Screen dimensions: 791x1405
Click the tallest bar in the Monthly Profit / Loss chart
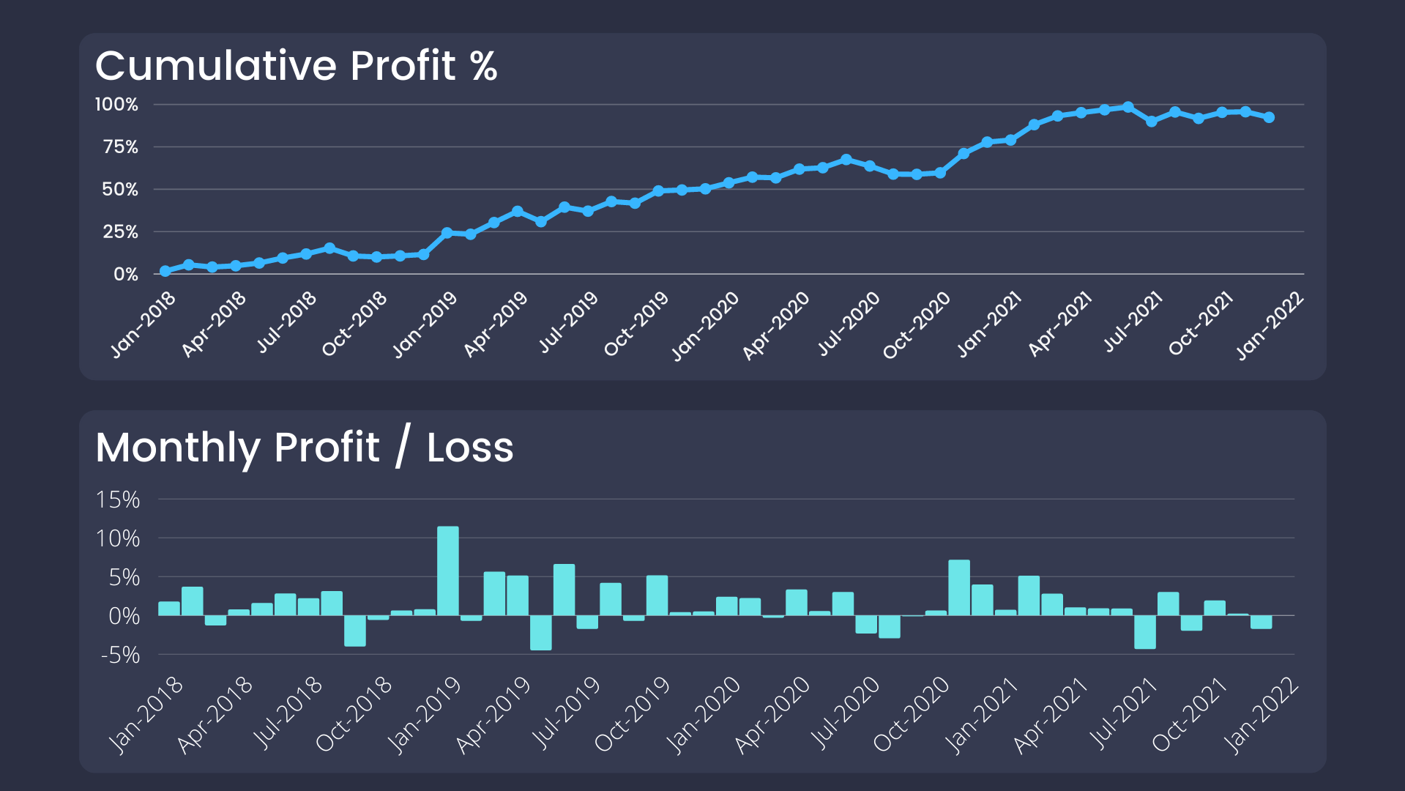click(x=447, y=571)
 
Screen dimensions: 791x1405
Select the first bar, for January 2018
click(x=169, y=608)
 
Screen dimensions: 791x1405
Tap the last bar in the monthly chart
click(x=1261, y=622)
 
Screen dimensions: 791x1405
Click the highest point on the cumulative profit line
click(x=1128, y=107)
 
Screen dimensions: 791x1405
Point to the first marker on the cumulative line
click(x=165, y=271)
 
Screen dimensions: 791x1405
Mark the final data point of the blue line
click(x=1269, y=117)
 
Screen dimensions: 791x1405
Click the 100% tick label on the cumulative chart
click(x=116, y=105)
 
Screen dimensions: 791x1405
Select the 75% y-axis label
click(x=120, y=147)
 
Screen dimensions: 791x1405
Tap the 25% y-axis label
click(x=120, y=232)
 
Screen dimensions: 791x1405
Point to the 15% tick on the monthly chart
click(x=118, y=500)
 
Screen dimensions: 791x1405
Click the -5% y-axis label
click(x=120, y=655)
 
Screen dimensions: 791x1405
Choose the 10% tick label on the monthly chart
click(x=118, y=539)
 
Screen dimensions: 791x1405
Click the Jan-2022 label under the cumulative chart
click(x=1270, y=325)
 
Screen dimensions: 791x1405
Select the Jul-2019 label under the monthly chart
click(x=565, y=713)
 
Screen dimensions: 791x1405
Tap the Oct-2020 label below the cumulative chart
click(x=916, y=324)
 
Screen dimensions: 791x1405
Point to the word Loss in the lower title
click(x=470, y=448)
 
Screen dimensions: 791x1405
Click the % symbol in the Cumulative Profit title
click(x=484, y=66)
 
